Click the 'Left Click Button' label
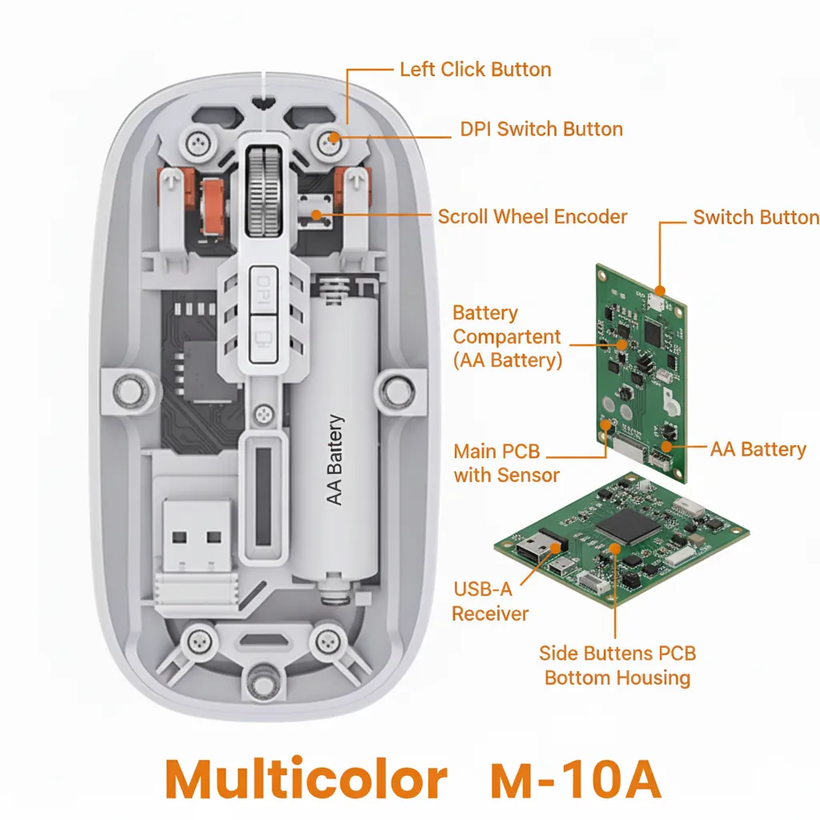(x=476, y=70)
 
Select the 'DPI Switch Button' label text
(x=541, y=130)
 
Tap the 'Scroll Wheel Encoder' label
(x=533, y=216)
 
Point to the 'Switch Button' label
(x=756, y=218)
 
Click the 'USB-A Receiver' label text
(x=490, y=602)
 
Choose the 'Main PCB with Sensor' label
(x=506, y=463)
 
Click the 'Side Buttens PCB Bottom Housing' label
(x=617, y=665)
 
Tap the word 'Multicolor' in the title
(x=306, y=778)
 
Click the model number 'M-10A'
(x=577, y=778)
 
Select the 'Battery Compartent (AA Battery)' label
(x=507, y=336)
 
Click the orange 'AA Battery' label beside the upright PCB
(x=758, y=449)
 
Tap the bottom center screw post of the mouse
(x=258, y=681)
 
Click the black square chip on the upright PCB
(x=655, y=332)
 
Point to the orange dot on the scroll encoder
(x=318, y=214)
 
